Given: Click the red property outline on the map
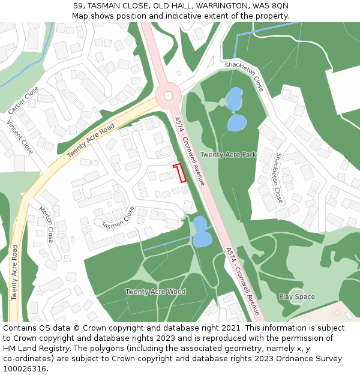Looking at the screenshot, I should [179, 173].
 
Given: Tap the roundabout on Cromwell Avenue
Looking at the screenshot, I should [169, 95].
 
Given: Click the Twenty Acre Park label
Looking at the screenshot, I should [228, 155].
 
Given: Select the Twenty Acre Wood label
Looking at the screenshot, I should [155, 292].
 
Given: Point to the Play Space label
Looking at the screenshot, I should [296, 296].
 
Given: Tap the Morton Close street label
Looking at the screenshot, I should [46, 225].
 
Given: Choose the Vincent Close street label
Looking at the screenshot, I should [20, 137].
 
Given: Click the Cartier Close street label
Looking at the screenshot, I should [24, 100].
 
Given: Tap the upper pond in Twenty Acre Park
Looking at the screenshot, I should [233, 99].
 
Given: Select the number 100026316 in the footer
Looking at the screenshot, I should [25, 369].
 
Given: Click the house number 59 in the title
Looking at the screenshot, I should [78, 5].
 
